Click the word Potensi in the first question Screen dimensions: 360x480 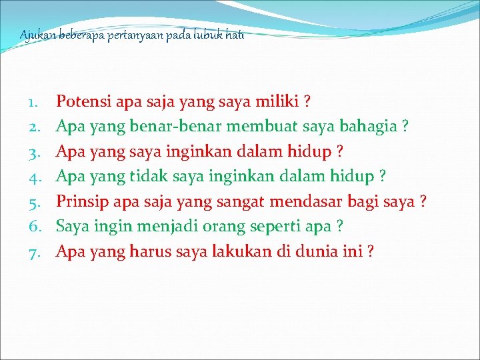pyautogui.click(x=83, y=102)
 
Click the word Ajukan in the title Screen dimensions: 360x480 pyautogui.click(x=34, y=35)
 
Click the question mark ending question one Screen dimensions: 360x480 pyautogui.click(x=307, y=102)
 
